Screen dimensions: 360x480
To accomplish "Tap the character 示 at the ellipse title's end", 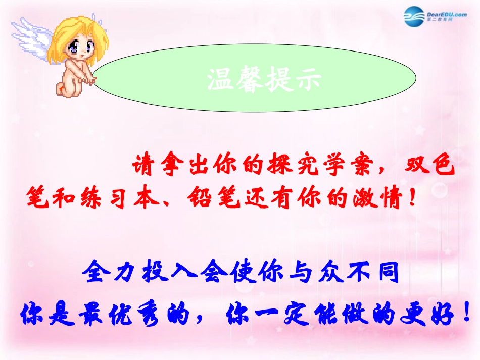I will click(307, 80).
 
